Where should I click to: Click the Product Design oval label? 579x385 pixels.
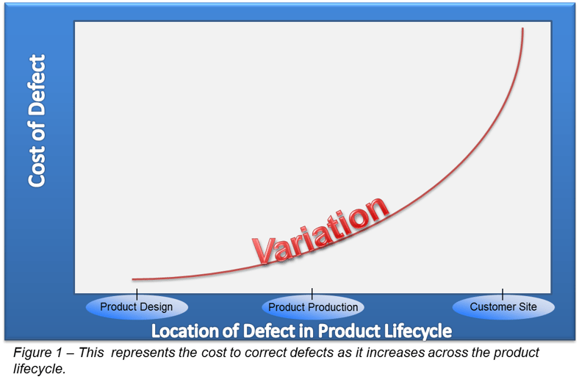click(x=137, y=307)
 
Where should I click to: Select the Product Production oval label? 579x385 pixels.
click(x=313, y=307)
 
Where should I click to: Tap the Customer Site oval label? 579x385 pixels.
click(x=503, y=306)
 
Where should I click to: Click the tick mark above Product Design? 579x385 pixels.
click(x=137, y=293)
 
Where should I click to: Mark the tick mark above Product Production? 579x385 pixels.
click(x=312, y=293)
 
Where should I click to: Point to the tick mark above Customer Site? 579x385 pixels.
click(x=503, y=293)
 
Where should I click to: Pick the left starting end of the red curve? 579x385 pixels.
click(x=133, y=279)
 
